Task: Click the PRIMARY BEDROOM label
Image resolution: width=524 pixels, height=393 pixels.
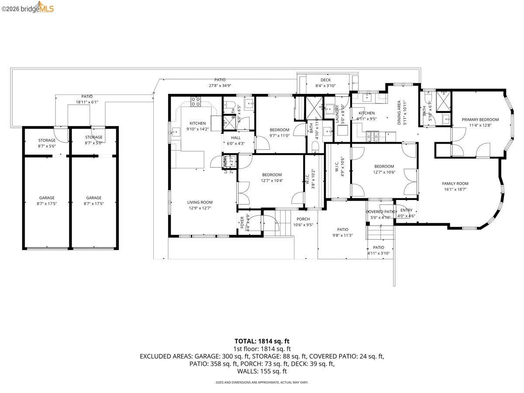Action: point(480,119)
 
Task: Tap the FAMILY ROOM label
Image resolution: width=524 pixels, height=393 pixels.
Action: point(455,183)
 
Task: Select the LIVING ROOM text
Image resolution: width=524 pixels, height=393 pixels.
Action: point(200,202)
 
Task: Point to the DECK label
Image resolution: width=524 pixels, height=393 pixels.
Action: point(325,80)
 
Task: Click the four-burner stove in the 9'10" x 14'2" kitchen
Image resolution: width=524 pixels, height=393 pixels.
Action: point(196,102)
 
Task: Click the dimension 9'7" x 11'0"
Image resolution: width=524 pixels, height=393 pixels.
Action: point(279,136)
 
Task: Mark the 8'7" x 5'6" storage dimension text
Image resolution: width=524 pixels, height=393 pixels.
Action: point(46,147)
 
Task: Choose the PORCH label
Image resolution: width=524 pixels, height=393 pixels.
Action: point(303,219)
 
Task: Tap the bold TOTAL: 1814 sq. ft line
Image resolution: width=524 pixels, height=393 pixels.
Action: point(262,341)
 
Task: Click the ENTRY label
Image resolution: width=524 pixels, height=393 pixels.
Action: point(400,210)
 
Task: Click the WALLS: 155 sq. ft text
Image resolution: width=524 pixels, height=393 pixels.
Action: point(262,371)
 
